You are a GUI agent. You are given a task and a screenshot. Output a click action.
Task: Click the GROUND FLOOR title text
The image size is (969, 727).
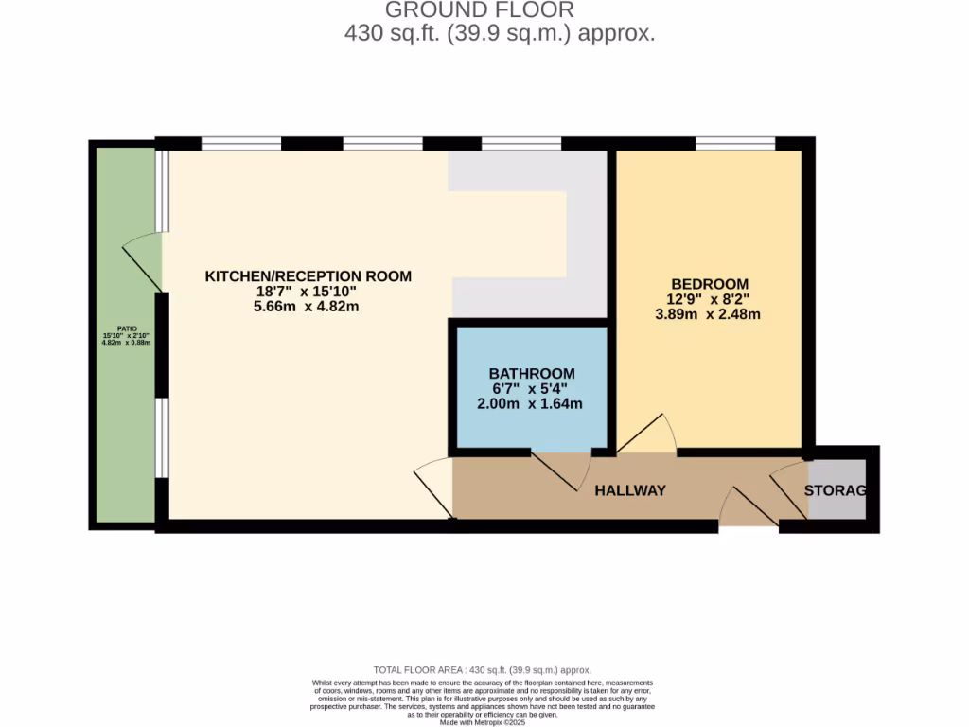(479, 10)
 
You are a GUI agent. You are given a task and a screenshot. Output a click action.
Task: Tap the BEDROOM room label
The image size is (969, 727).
(709, 284)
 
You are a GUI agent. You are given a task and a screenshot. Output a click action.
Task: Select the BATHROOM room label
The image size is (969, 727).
(531, 374)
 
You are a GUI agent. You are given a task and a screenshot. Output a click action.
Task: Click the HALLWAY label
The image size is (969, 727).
(629, 490)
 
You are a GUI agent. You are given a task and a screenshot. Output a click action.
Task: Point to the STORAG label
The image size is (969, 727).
(835, 490)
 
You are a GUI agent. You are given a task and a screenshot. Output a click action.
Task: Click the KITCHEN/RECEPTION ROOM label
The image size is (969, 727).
(308, 276)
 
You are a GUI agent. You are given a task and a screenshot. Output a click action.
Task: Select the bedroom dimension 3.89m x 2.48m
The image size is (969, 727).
(709, 314)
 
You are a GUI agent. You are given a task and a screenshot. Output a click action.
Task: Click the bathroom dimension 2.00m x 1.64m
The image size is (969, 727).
(530, 404)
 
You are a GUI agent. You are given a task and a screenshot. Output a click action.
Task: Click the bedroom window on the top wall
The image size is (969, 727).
(734, 144)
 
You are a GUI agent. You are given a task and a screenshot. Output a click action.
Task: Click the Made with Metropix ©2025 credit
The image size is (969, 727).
(484, 722)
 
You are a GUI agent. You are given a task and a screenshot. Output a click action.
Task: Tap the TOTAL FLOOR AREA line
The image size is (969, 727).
(484, 669)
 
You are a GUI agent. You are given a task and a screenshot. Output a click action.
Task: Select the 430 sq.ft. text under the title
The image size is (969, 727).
(499, 34)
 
